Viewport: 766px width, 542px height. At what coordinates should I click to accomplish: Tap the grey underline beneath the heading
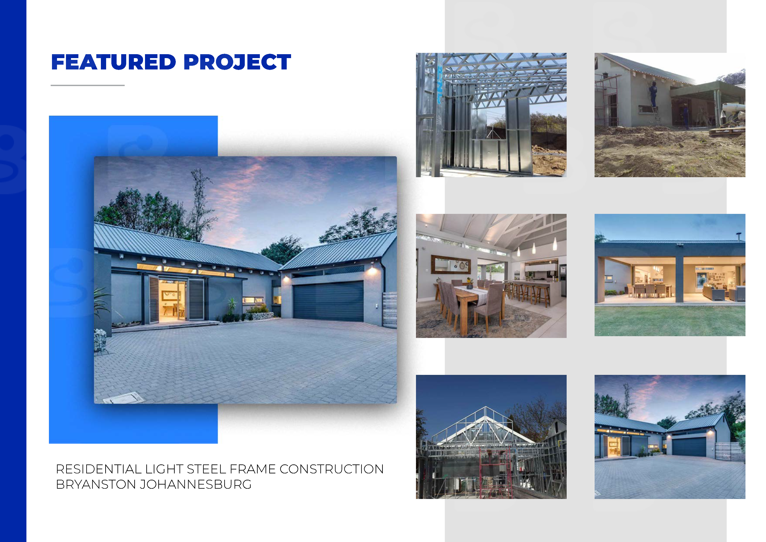(87, 85)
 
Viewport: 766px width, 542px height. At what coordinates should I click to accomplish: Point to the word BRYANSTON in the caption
(96, 485)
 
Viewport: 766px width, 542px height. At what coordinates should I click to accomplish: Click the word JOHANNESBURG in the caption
(195, 485)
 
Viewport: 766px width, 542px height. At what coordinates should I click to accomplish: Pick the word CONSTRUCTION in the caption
(332, 469)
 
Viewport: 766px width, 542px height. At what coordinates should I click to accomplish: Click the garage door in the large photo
(328, 301)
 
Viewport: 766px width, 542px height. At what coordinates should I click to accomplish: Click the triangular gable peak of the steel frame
(486, 409)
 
